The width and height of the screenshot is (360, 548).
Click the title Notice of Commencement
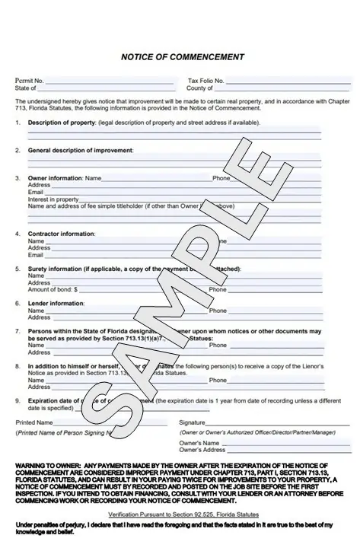point(183,56)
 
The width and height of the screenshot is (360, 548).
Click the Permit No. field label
point(30,80)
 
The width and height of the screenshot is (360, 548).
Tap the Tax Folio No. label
point(205,80)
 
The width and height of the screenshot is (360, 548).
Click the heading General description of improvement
point(80,150)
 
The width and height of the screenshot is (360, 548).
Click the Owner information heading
point(55,178)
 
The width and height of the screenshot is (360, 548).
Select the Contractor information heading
point(62,234)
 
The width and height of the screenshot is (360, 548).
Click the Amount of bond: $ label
point(53,289)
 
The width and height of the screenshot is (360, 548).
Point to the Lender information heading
point(56,303)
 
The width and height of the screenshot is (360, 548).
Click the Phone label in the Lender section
point(218,311)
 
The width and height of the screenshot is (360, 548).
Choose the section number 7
point(18,331)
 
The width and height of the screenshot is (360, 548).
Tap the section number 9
point(18,400)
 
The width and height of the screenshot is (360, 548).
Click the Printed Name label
point(34,422)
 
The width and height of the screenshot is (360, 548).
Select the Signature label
point(192,422)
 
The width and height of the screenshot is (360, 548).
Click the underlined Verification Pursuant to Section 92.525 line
point(180,515)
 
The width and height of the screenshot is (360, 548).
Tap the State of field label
point(25,88)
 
